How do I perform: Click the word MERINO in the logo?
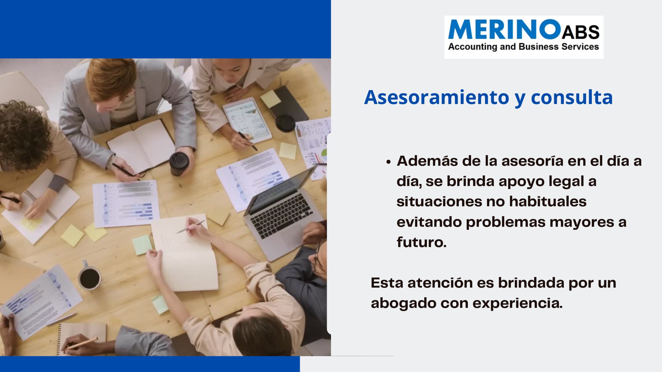(504, 29)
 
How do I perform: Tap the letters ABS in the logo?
(581, 32)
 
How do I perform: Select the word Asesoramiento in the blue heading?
(437, 97)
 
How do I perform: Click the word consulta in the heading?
(572, 97)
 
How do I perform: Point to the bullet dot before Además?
(388, 162)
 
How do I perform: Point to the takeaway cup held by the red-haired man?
(179, 164)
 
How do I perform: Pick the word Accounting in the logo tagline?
(472, 47)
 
